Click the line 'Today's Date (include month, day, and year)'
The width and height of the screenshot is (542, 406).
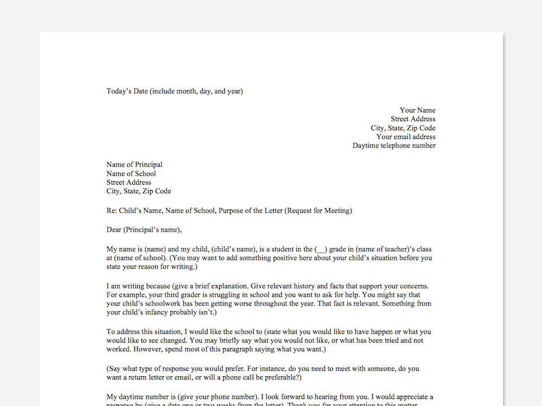(175, 91)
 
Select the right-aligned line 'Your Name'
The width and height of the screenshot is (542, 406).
(417, 110)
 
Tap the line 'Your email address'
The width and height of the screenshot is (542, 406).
(405, 137)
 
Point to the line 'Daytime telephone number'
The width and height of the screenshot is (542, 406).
(393, 146)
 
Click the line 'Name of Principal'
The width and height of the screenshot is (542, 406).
(134, 165)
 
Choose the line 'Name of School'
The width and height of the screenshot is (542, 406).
(131, 174)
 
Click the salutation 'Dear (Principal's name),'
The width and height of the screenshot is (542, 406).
(144, 230)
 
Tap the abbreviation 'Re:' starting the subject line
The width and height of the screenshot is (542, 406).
(112, 211)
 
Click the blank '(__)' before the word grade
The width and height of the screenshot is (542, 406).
(321, 250)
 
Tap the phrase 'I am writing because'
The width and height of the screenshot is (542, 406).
(139, 286)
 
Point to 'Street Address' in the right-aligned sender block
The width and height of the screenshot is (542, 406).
(413, 119)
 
